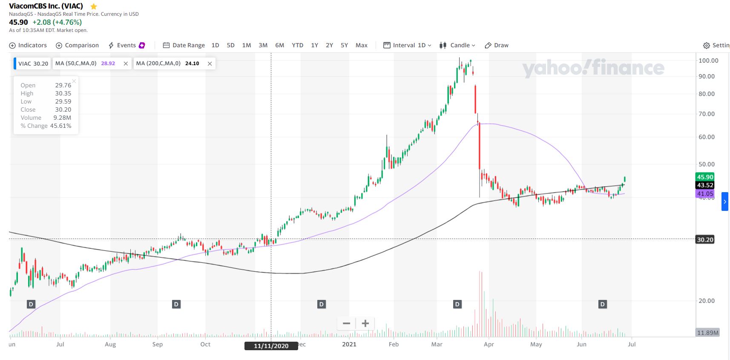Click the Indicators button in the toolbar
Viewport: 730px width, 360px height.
click(28, 45)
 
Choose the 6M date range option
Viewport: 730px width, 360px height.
click(279, 45)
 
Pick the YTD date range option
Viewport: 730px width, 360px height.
click(297, 45)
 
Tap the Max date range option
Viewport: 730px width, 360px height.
click(361, 45)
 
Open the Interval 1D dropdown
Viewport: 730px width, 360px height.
click(408, 45)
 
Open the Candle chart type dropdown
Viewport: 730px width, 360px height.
click(457, 45)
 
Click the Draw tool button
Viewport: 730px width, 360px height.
click(497, 45)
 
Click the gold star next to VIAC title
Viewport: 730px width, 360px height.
click(94, 6)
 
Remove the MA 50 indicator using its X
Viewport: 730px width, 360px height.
click(126, 63)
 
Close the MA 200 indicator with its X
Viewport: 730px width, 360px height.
click(210, 63)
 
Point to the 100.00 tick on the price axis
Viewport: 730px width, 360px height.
click(708, 60)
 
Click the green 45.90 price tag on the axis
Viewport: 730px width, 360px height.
click(705, 177)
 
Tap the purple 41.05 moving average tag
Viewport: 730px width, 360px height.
click(705, 194)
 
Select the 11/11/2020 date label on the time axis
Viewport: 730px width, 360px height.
click(271, 346)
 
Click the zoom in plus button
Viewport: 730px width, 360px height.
click(365, 323)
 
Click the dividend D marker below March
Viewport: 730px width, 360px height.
click(457, 304)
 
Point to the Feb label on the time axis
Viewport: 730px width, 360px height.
click(394, 344)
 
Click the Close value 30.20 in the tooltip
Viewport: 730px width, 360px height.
click(63, 109)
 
